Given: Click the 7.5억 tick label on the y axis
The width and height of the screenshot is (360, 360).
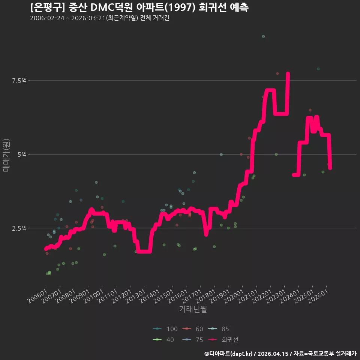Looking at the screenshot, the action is [19, 81].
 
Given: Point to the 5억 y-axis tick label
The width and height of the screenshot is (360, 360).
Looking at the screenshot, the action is [22, 154].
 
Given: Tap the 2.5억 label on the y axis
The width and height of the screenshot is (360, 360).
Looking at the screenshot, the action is [19, 228].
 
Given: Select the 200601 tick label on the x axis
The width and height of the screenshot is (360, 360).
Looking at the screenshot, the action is [37, 296].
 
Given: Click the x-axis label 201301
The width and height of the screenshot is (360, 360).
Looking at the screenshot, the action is [136, 296].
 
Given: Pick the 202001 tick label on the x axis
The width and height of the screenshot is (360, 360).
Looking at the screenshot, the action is [234, 296].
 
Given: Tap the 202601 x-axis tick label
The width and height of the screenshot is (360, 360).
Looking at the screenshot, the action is [318, 296].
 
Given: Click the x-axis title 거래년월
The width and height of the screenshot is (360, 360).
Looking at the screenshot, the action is [193, 309].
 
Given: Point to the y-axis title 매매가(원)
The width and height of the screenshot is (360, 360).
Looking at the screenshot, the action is [6, 155].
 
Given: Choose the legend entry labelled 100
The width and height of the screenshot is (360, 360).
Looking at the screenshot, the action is [165, 329].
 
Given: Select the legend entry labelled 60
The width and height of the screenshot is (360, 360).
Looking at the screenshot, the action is [193, 329].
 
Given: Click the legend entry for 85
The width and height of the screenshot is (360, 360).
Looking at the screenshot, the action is [218, 329].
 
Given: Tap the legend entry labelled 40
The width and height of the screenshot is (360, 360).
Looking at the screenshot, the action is [163, 340].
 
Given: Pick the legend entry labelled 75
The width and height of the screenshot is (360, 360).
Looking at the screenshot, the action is [193, 340].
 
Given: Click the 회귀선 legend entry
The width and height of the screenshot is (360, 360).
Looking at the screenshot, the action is [223, 340].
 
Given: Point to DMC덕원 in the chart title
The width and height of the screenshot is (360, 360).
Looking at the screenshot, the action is [112, 7].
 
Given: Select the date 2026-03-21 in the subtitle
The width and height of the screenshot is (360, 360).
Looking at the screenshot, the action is [88, 18].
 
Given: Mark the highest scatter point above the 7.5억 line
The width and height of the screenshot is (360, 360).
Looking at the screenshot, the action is [263, 36].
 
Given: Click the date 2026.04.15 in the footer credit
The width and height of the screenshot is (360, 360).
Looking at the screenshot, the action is [273, 354].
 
